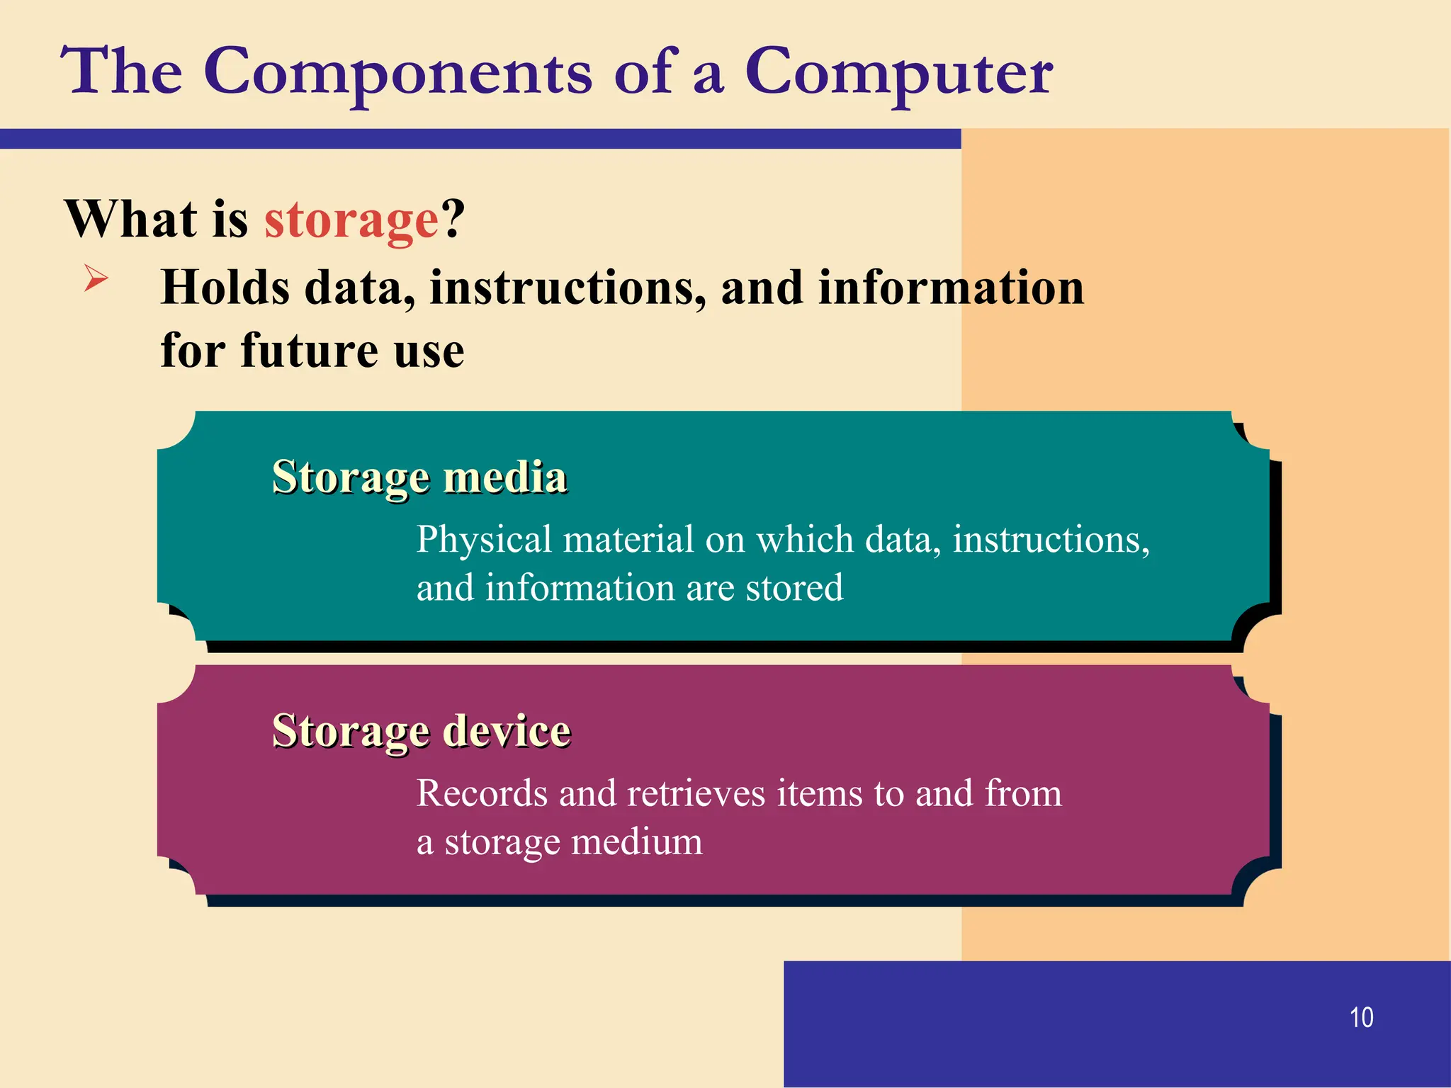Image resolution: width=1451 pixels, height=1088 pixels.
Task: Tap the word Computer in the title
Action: click(x=898, y=72)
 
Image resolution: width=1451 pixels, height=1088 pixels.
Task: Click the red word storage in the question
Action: click(x=352, y=220)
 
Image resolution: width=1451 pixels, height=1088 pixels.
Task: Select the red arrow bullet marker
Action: click(x=96, y=277)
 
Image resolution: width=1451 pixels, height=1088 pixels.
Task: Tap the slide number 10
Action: click(x=1361, y=1017)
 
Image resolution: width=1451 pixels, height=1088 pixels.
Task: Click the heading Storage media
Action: click(x=419, y=477)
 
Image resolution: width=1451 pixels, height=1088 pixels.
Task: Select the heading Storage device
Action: click(x=422, y=730)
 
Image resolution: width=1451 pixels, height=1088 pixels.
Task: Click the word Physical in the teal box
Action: click(x=484, y=540)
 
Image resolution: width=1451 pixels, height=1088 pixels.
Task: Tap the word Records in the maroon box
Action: click(x=482, y=793)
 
